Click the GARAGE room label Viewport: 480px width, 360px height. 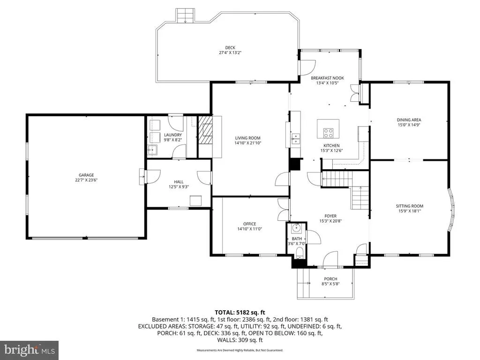pyautogui.click(x=86, y=175)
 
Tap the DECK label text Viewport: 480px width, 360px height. pyautogui.click(x=230, y=47)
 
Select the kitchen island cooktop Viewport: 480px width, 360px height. pyautogui.click(x=329, y=133)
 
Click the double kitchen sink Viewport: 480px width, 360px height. pyautogui.click(x=296, y=139)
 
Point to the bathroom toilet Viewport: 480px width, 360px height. pyautogui.click(x=300, y=253)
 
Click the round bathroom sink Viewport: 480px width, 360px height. pyautogui.click(x=296, y=228)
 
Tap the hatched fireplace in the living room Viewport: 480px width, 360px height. pyautogui.click(x=205, y=130)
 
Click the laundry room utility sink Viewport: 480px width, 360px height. pyautogui.click(x=152, y=150)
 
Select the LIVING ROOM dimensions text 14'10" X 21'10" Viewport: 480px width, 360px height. pyautogui.click(x=247, y=143)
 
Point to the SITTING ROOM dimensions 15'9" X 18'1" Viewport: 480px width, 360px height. pyautogui.click(x=409, y=211)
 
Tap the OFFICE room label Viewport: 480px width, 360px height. pyautogui.click(x=249, y=224)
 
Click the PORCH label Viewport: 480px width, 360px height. pyautogui.click(x=330, y=279)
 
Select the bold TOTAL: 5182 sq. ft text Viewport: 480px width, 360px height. pyautogui.click(x=240, y=313)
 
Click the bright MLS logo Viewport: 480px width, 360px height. pyautogui.click(x=30, y=350)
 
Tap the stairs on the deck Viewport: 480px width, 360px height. pyautogui.click(x=185, y=15)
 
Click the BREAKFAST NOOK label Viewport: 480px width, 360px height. pyautogui.click(x=327, y=78)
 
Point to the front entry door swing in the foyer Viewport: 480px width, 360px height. pyautogui.click(x=330, y=259)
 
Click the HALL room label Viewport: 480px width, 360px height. pyautogui.click(x=179, y=182)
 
